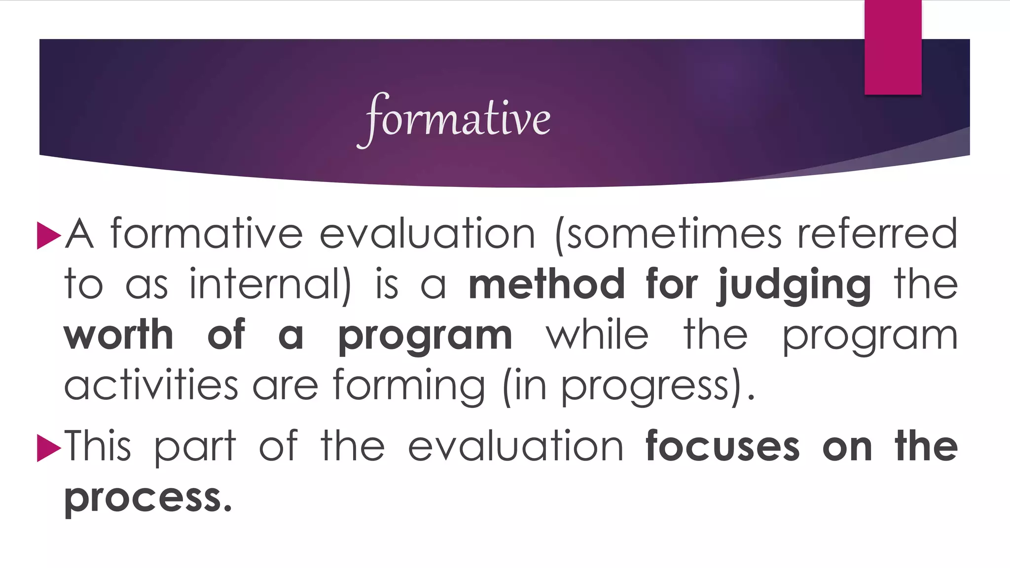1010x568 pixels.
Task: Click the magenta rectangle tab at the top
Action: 893,47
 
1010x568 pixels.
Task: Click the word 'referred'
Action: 877,234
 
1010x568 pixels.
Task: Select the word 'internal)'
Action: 271,285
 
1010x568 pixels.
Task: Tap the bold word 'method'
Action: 546,285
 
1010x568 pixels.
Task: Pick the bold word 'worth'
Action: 119,335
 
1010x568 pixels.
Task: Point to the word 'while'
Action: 597,335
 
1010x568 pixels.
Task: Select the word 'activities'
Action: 151,386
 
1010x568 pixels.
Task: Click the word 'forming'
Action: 409,388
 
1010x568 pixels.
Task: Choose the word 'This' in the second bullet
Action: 98,447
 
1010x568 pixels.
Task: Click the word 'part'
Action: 195,448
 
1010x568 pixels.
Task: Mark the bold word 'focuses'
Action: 722,447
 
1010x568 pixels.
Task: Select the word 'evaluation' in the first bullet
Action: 427,234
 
